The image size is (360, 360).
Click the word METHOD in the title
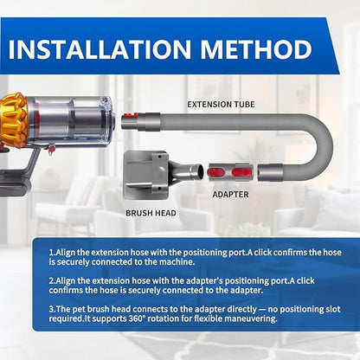[x=256, y=49]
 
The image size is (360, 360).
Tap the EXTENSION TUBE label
[x=221, y=105]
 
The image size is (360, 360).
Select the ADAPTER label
[x=230, y=195]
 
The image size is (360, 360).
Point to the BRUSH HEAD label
[x=151, y=213]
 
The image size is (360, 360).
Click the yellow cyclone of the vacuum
[x=14, y=120]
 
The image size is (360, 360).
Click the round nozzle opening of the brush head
[x=200, y=172]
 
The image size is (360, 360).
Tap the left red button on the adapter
[x=219, y=172]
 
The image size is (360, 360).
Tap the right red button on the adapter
[x=241, y=172]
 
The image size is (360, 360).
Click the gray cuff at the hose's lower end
[x=270, y=172]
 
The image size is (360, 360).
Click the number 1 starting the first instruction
[x=52, y=253]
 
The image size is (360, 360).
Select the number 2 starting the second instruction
[x=52, y=280]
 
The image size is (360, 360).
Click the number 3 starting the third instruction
[x=52, y=309]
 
